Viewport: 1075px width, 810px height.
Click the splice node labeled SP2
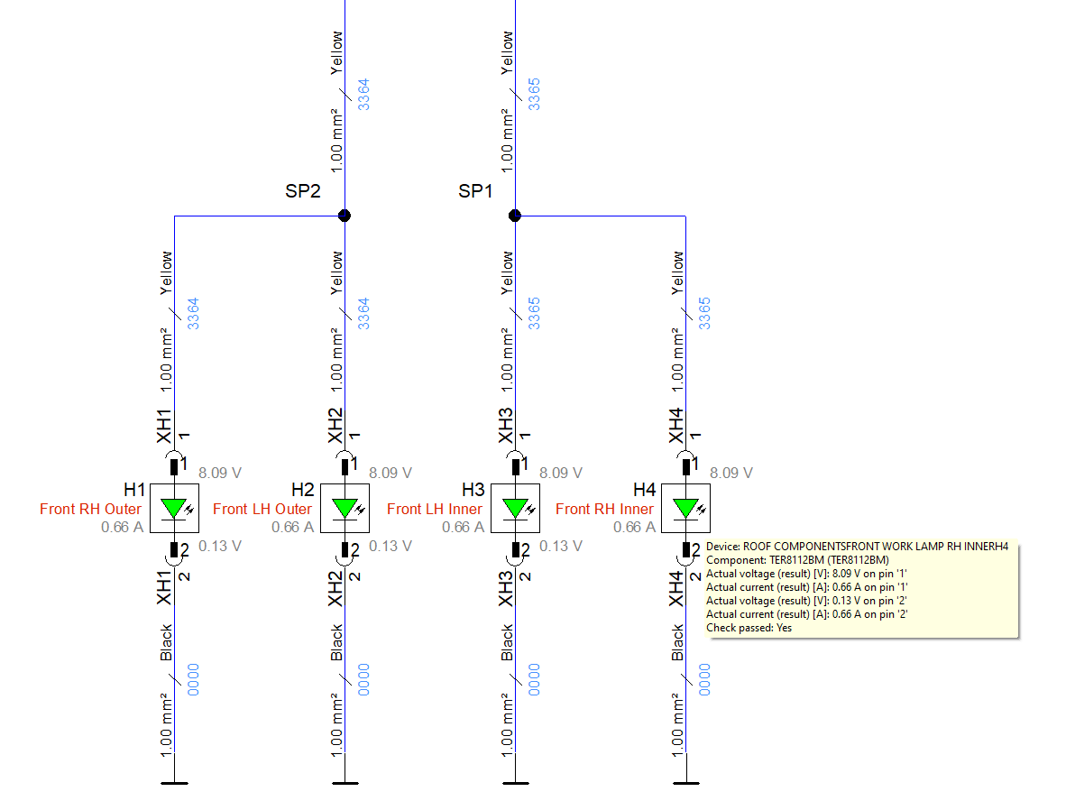coord(344,216)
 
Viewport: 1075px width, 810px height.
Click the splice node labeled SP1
coord(515,216)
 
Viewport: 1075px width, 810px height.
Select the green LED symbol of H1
coord(173,509)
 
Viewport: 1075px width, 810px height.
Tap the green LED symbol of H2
coord(345,509)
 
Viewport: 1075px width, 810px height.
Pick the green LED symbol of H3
coord(515,509)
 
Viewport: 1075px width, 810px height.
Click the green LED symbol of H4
coord(686,509)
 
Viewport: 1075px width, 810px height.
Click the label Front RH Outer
coord(90,509)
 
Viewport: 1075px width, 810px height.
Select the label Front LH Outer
coord(262,509)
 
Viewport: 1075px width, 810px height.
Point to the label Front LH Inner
coord(435,509)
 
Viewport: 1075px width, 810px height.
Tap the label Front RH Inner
coord(604,509)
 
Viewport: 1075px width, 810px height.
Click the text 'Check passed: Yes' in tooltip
coord(749,628)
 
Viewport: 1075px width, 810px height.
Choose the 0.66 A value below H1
coord(122,527)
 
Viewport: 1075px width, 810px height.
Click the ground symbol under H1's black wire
coord(173,781)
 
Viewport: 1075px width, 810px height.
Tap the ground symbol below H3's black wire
coord(515,781)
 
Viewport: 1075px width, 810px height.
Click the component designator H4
coord(644,490)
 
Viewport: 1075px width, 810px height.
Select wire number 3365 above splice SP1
coord(534,94)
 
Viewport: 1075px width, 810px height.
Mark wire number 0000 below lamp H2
coord(363,679)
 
